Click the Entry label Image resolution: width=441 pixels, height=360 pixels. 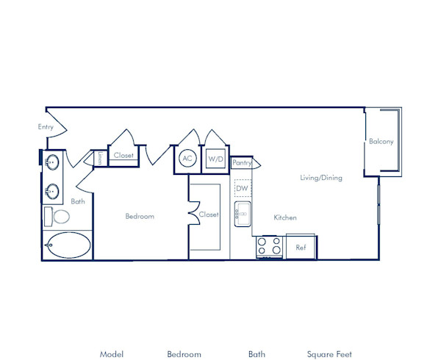46,127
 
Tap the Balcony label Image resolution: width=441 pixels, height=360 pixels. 381,141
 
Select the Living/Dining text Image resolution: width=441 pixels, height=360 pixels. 320,178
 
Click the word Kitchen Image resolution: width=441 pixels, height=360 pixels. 285,217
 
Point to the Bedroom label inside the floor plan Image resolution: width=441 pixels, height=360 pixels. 140,216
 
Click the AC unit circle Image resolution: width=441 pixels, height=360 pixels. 187,158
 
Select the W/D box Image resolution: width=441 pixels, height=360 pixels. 215,159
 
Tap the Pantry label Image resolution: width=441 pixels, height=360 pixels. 242,162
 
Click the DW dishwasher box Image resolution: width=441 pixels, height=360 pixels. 243,188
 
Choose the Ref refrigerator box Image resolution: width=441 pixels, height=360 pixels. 301,248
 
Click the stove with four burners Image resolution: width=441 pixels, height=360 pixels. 270,247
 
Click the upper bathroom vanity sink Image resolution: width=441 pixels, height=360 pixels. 52,163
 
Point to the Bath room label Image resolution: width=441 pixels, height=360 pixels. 77,201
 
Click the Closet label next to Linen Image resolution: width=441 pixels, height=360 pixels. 123,156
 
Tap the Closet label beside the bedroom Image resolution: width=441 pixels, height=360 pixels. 209,215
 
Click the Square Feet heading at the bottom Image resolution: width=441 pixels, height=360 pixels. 329,354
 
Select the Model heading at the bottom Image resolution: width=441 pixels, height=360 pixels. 112,354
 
